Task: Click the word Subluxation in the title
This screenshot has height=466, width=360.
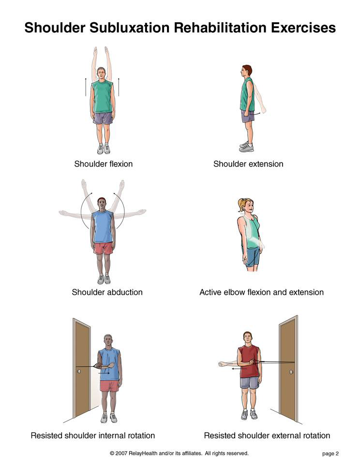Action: [x=130, y=28]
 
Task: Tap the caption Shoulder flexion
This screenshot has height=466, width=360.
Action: [x=104, y=164]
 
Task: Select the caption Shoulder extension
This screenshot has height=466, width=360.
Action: [x=248, y=164]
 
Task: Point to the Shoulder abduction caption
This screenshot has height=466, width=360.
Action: [x=107, y=292]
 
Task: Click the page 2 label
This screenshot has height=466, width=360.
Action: [x=330, y=453]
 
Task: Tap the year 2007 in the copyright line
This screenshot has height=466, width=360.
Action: [x=121, y=453]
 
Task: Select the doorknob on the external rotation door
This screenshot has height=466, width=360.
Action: [x=291, y=372]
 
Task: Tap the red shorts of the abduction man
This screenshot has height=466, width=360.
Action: [x=103, y=248]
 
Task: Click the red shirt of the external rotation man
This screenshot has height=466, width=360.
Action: [x=249, y=361]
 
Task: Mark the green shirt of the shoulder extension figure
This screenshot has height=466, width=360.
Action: [x=247, y=94]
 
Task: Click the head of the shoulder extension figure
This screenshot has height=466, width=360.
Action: [x=246, y=71]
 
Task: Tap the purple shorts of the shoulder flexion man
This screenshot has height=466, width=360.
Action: [x=103, y=118]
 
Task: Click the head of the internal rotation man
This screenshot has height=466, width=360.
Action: [x=108, y=342]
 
